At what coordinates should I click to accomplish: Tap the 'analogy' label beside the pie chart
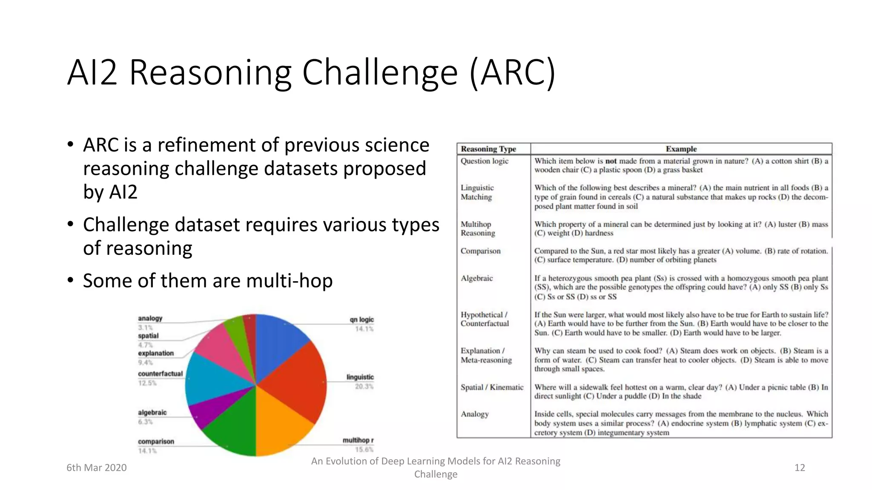[150, 318]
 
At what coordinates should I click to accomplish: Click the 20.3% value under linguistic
[364, 386]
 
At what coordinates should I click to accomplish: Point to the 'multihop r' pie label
[358, 440]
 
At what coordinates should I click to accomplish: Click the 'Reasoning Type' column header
[488, 149]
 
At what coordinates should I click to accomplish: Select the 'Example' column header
[681, 149]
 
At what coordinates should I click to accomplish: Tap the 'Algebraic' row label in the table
[476, 278]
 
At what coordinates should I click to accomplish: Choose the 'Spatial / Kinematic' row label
[492, 387]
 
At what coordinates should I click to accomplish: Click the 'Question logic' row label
[485, 161]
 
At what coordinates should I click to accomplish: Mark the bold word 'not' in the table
[611, 161]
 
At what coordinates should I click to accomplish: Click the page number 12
[800, 467]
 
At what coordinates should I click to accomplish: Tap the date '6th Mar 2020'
[97, 467]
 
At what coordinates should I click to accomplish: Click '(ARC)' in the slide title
[513, 72]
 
